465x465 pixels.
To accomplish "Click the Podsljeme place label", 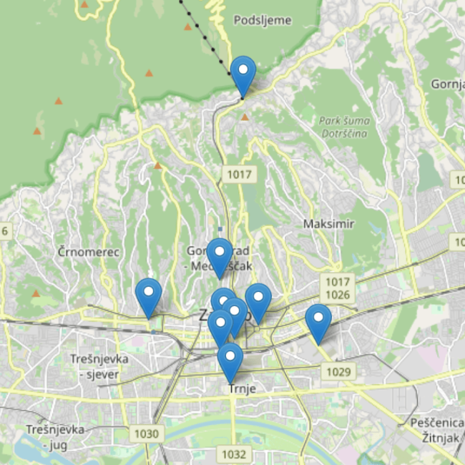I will [262, 20].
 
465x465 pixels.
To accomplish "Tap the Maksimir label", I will [328, 224].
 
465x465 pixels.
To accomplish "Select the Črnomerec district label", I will [89, 252].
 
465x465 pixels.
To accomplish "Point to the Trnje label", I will [242, 388].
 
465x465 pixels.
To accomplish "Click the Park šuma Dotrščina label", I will [343, 127].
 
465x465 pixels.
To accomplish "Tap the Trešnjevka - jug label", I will [55, 436].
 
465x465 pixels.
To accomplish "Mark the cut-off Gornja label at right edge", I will [449, 84].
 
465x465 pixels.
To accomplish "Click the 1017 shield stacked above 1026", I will [336, 281].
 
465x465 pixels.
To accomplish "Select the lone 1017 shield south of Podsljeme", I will [238, 174].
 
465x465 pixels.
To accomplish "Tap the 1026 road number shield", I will [336, 294].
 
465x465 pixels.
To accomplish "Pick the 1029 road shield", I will [339, 371].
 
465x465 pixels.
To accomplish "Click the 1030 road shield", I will [145, 433].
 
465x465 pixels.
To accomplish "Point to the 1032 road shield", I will [233, 454].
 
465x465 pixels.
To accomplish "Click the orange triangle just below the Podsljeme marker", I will [245, 116].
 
